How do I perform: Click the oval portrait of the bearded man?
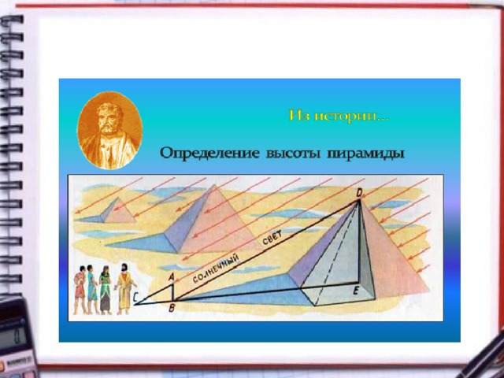(109, 131)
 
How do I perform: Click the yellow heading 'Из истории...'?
(339, 116)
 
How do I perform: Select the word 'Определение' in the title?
(209, 154)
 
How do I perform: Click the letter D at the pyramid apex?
(359, 194)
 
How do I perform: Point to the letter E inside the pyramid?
(355, 291)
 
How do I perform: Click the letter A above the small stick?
(172, 276)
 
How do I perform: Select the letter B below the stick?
(172, 308)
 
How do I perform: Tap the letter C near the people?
(135, 298)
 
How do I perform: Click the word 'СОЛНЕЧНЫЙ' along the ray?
(216, 269)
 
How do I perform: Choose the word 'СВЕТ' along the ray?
(272, 238)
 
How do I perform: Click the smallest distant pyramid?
(118, 210)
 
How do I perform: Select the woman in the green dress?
(105, 290)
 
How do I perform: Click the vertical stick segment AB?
(172, 292)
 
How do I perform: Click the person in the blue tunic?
(92, 289)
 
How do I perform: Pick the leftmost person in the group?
(80, 290)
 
